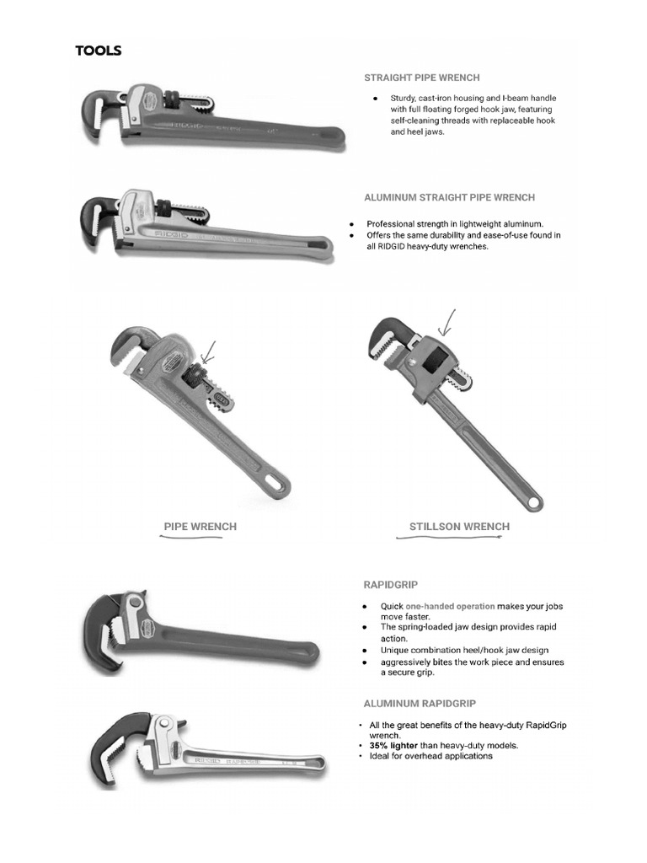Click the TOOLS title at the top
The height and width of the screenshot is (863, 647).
[99, 51]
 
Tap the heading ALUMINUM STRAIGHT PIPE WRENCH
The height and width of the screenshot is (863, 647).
[449, 197]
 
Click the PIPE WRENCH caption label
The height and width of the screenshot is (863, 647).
[200, 527]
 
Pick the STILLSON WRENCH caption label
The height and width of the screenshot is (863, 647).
[459, 527]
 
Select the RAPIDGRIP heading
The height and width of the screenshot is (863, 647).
[391, 583]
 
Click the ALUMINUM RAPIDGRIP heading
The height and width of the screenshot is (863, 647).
[424, 702]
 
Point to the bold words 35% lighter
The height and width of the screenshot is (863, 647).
[393, 745]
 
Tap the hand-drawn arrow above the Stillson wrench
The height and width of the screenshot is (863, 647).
[446, 322]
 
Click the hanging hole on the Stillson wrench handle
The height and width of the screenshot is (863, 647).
[533, 503]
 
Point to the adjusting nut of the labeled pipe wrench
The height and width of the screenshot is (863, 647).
[193, 375]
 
